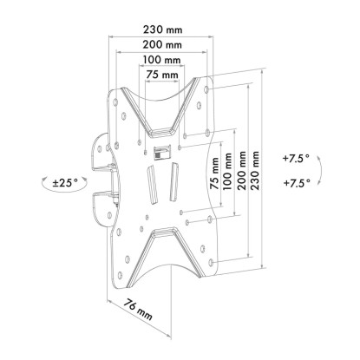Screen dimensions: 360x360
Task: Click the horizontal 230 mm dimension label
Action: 163,29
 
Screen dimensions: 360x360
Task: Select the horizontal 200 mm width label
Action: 162,45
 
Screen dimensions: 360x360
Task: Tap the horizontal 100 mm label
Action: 162,60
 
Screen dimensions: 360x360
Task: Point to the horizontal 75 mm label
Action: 162,75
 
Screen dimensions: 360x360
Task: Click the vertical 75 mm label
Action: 214,173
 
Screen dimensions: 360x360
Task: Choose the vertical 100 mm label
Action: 227,171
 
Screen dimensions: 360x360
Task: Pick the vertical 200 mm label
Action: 241,170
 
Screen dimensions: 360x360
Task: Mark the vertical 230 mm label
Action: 255,170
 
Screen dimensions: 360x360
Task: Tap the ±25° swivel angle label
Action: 65,182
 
